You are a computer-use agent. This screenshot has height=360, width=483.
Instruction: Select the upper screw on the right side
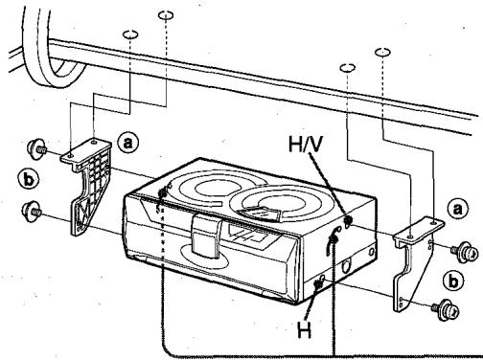(467, 247)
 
